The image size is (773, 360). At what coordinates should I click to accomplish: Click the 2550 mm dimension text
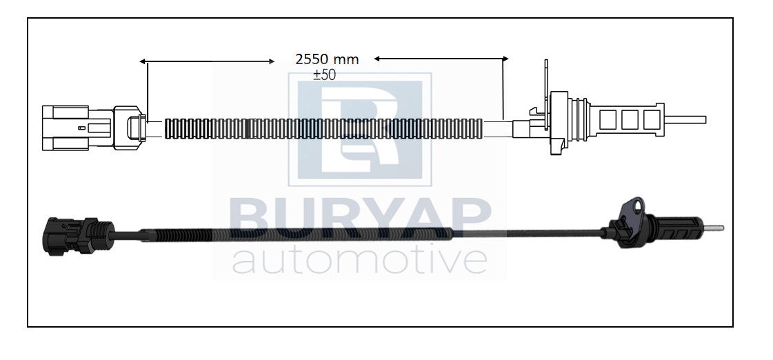[x=327, y=60]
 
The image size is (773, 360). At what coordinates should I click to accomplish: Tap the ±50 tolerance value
[x=324, y=75]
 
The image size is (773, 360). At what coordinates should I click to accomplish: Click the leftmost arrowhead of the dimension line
[x=142, y=61]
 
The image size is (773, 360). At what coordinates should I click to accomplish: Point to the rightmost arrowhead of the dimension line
[x=505, y=59]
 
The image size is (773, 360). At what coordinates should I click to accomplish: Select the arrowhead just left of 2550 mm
[x=272, y=61]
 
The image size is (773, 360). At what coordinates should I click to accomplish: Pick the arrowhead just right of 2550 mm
[x=377, y=59]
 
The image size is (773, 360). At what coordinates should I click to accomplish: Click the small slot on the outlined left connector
[x=82, y=128]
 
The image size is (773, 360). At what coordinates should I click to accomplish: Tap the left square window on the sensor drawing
[x=608, y=120]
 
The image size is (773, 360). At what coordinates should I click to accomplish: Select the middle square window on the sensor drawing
[x=630, y=120]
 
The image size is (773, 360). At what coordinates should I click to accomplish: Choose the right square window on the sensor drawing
[x=652, y=120]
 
